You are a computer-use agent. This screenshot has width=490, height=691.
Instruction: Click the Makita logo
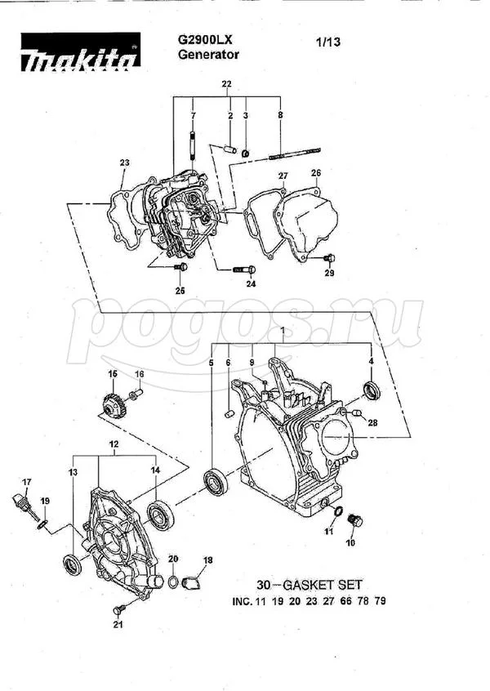pos(81,52)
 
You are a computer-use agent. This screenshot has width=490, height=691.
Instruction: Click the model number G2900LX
pos(205,40)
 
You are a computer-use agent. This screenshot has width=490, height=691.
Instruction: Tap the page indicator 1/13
pos(327,42)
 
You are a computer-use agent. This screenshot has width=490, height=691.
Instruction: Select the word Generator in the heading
pos(208,55)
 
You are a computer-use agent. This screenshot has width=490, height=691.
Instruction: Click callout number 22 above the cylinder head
pos(226,84)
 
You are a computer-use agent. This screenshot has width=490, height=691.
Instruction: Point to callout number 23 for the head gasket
pos(125,163)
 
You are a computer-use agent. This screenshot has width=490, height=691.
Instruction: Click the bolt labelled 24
pos(243,270)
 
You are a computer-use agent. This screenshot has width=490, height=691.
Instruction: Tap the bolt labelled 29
pos(329,257)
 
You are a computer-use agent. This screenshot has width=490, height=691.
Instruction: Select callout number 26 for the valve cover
pos(316,173)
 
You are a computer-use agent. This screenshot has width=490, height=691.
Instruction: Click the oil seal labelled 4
pos(372,391)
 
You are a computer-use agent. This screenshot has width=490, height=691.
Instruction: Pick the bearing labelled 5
pos(216,484)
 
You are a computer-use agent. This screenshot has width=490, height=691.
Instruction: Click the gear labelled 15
pos(114,406)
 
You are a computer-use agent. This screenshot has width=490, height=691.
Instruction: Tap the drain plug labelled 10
pos(355,520)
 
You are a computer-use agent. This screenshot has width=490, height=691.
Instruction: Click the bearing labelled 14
pos(161,515)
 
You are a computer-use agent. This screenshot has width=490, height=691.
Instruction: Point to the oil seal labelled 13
pos(73,564)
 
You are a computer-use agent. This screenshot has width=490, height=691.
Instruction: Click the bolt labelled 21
pos(118,609)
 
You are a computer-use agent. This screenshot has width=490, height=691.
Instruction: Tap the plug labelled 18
pos(191,584)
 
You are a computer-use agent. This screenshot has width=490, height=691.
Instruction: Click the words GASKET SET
pos(322,585)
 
